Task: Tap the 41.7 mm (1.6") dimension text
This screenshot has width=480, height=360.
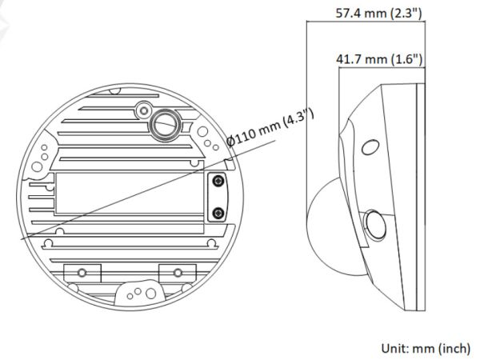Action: (379, 59)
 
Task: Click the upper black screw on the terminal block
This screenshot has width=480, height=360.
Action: (217, 184)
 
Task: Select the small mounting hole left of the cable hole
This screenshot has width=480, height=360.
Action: (143, 108)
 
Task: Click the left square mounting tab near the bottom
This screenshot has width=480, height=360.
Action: (78, 271)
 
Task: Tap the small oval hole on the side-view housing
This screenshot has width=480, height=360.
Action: (369, 149)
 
